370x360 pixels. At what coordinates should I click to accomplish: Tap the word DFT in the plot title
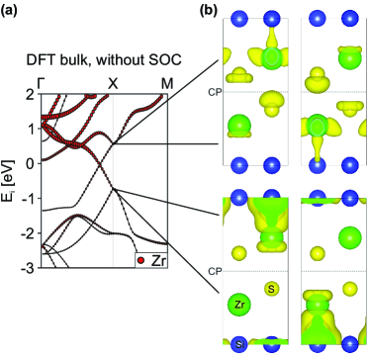[x=39, y=59]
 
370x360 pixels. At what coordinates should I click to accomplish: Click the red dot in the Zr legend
[x=141, y=260]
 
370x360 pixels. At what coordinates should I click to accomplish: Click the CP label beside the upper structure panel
[x=213, y=92]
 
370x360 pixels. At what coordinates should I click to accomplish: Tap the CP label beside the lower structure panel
[x=213, y=271]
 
